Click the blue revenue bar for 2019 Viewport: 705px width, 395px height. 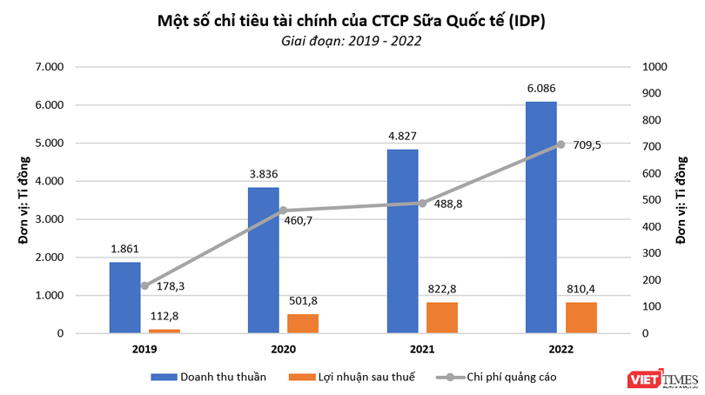pos(124,298)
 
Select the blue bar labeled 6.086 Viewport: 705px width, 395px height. pos(540,218)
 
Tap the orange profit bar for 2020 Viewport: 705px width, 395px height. pos(303,324)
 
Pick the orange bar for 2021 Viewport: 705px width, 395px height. pos(441,318)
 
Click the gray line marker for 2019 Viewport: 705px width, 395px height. pos(144,285)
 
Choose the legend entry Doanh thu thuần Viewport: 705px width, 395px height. pos(221,377)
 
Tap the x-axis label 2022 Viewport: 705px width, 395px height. pos(561,349)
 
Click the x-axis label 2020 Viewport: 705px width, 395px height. pos(283,349)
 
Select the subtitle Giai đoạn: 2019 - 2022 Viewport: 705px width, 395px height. pos(352,40)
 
